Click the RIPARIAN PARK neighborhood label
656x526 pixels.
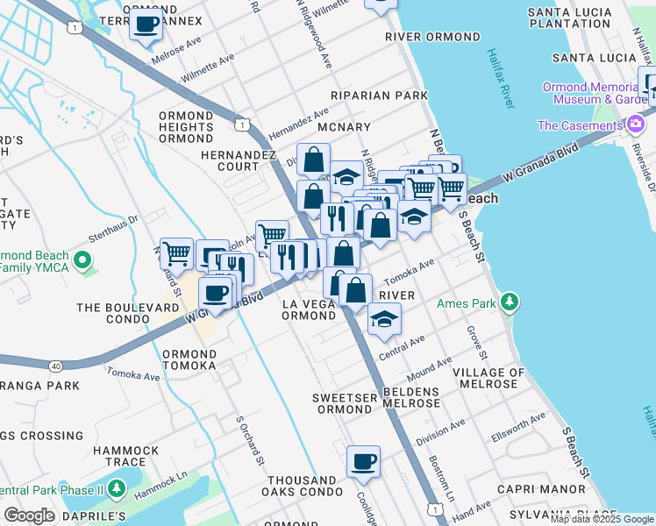pyautogui.click(x=379, y=95)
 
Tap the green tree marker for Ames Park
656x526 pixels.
pyautogui.click(x=510, y=304)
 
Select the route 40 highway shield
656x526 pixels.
pyautogui.click(x=55, y=341)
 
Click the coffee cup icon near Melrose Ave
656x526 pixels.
pyautogui.click(x=146, y=24)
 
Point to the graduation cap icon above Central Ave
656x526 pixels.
pyautogui.click(x=383, y=321)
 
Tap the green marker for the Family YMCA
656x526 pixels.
pyautogui.click(x=82, y=260)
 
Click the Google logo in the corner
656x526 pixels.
pyautogui.click(x=30, y=515)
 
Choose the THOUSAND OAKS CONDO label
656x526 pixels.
pyautogui.click(x=316, y=487)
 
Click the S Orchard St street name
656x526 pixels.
pyautogui.click(x=249, y=439)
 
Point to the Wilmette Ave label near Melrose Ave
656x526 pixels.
pyautogui.click(x=209, y=70)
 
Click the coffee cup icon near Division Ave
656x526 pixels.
pyautogui.click(x=363, y=461)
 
